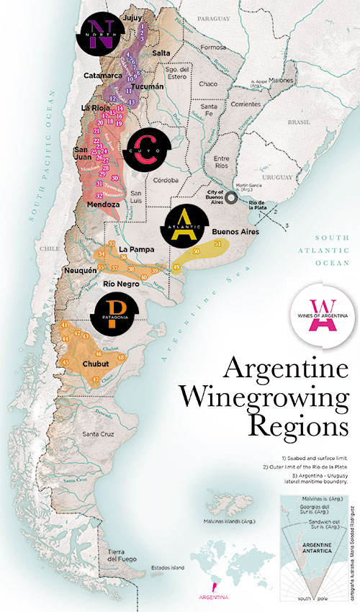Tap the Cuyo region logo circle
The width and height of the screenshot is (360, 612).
(147, 149)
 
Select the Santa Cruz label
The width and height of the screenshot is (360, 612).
(101, 433)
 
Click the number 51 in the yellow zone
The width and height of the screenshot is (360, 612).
(218, 245)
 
